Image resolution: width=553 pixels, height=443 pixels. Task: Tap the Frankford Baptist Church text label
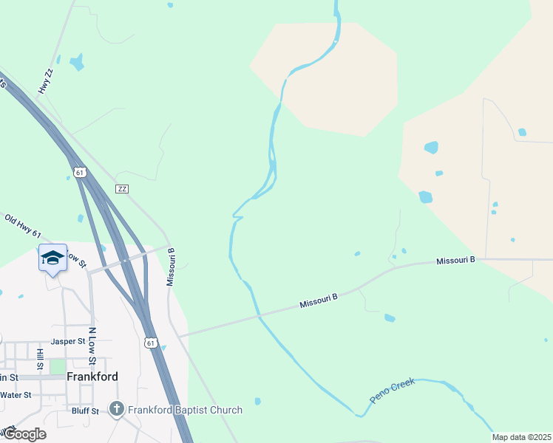[185, 410]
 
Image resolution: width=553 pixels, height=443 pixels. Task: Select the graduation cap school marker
[52, 258]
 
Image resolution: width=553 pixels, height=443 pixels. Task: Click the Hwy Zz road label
[47, 81]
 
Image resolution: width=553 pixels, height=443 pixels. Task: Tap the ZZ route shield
[122, 189]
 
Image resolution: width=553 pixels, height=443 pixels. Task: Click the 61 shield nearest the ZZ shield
[81, 172]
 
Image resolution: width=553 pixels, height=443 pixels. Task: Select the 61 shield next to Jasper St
[150, 343]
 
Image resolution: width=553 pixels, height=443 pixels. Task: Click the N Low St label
[93, 346]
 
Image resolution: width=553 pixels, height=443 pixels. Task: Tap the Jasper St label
[64, 342]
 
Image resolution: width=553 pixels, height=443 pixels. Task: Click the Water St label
[16, 395]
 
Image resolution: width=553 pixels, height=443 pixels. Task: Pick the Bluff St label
[86, 411]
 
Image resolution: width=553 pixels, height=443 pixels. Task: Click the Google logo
[24, 434]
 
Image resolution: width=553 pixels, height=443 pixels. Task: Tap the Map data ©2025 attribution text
[522, 437]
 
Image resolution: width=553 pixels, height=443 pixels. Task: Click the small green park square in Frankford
[58, 366]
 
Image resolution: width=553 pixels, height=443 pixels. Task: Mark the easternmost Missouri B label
[455, 261]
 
